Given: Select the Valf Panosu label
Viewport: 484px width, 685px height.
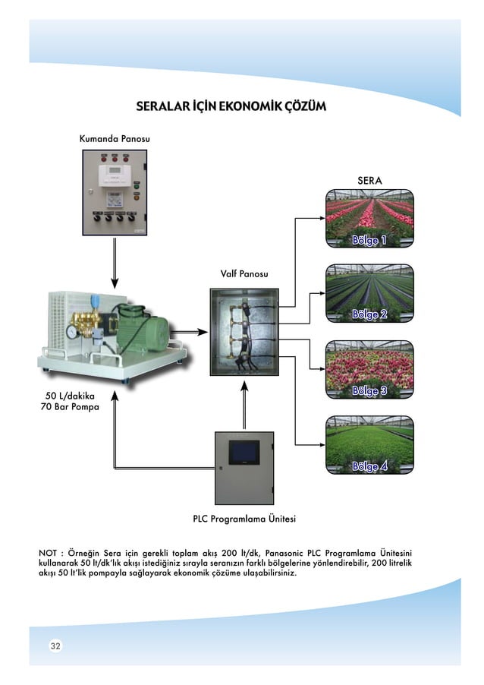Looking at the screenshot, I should [244, 273].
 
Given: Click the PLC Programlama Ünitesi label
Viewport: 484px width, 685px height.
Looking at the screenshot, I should [244, 519].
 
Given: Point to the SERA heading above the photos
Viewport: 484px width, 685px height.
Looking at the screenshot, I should [369, 180].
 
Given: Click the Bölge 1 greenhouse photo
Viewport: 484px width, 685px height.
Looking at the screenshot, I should [369, 219].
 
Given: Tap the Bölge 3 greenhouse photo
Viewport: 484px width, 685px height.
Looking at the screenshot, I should [369, 369].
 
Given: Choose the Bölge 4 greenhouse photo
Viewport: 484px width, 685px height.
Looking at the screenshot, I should [369, 445].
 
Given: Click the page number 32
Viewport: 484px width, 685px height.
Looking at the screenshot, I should [55, 646].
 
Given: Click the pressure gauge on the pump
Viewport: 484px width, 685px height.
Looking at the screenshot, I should [71, 332].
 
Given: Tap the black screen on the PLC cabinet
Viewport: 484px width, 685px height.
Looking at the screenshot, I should [244, 450].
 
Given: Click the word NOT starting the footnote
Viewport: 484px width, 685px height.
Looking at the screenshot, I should [48, 553].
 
